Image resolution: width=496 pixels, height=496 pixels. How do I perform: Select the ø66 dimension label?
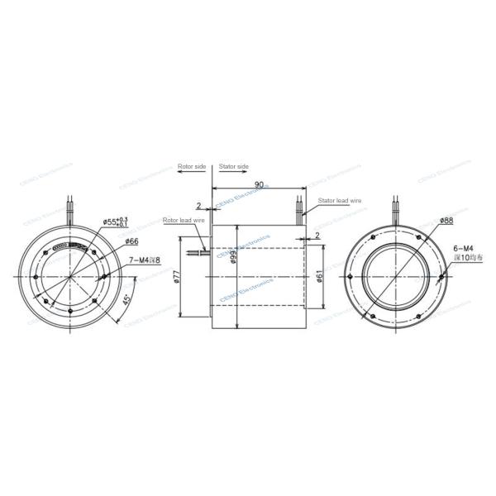pos(131,241)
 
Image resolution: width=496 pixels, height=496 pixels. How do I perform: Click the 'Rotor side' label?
pos(191,167)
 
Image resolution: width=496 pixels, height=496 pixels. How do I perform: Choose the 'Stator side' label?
pos(234,167)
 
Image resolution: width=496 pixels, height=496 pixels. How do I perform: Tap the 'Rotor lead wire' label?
pos(181,221)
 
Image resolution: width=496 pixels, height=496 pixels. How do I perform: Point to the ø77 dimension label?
pos(178,277)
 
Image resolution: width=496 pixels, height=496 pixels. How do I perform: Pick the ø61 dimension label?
pos(321,277)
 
